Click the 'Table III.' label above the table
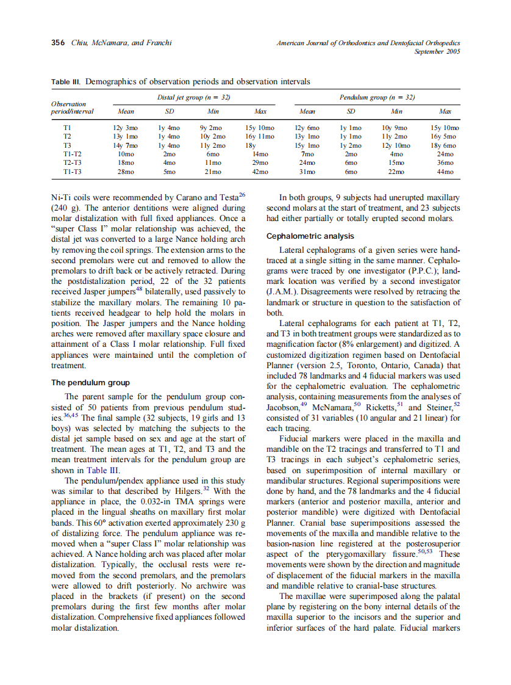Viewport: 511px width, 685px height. [x=66, y=81]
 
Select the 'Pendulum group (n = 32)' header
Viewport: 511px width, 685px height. [x=377, y=97]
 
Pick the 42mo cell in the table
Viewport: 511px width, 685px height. [x=260, y=173]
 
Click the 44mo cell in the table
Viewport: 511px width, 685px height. [x=445, y=173]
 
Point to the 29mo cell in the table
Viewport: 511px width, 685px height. [x=260, y=164]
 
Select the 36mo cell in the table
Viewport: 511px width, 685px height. [x=445, y=164]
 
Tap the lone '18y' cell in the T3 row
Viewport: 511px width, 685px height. [x=250, y=147]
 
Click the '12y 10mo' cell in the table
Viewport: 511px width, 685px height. [x=396, y=147]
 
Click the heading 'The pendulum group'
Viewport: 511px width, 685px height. [x=90, y=383]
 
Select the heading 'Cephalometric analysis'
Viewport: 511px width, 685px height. [x=310, y=236]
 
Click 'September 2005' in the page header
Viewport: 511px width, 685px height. [x=437, y=52]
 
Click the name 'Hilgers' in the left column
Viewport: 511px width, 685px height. [x=178, y=491]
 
